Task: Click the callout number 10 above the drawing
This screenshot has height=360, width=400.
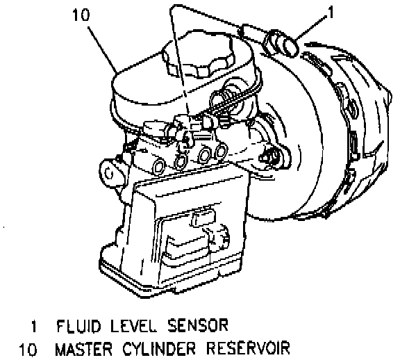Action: click(x=81, y=15)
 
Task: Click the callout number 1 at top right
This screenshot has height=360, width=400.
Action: click(x=331, y=13)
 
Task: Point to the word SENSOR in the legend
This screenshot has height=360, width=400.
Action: click(x=198, y=326)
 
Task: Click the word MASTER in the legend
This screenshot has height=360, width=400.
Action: click(x=84, y=349)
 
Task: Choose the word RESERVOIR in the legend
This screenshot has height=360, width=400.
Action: click(x=248, y=349)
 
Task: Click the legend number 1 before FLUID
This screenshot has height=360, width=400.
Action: click(x=33, y=327)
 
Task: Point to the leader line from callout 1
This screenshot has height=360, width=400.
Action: click(x=310, y=28)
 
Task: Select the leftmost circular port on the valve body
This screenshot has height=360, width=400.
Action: click(x=159, y=167)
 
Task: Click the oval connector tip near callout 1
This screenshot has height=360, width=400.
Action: click(x=290, y=46)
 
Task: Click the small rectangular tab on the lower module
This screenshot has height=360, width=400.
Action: click(x=203, y=218)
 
